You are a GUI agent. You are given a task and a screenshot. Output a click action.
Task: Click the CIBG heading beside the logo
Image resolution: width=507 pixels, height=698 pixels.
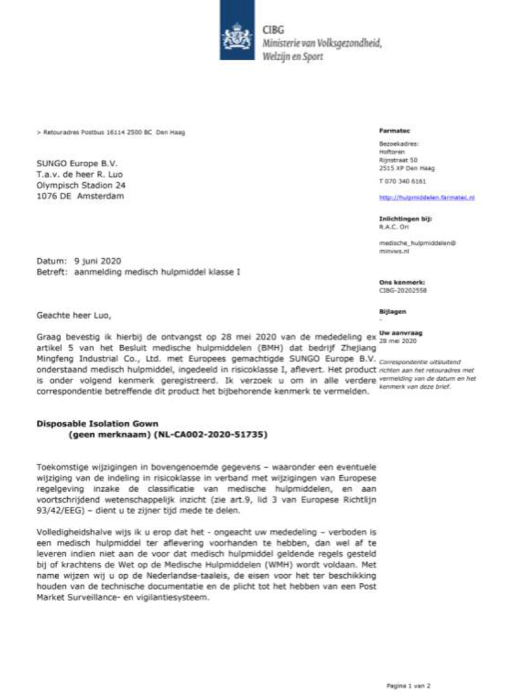click(x=274, y=30)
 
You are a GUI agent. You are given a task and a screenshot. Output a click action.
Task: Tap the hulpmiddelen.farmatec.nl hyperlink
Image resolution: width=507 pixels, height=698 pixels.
click(x=427, y=197)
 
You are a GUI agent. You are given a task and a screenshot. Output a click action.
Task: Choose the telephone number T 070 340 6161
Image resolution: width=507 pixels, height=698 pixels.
click(x=402, y=181)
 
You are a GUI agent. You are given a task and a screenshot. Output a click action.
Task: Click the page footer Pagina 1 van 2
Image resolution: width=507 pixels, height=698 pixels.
click(x=409, y=685)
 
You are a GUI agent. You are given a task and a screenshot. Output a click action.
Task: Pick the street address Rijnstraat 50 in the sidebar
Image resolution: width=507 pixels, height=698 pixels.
click(x=399, y=161)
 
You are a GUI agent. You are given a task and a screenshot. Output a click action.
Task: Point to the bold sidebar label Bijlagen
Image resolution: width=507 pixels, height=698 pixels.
click(x=392, y=312)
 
